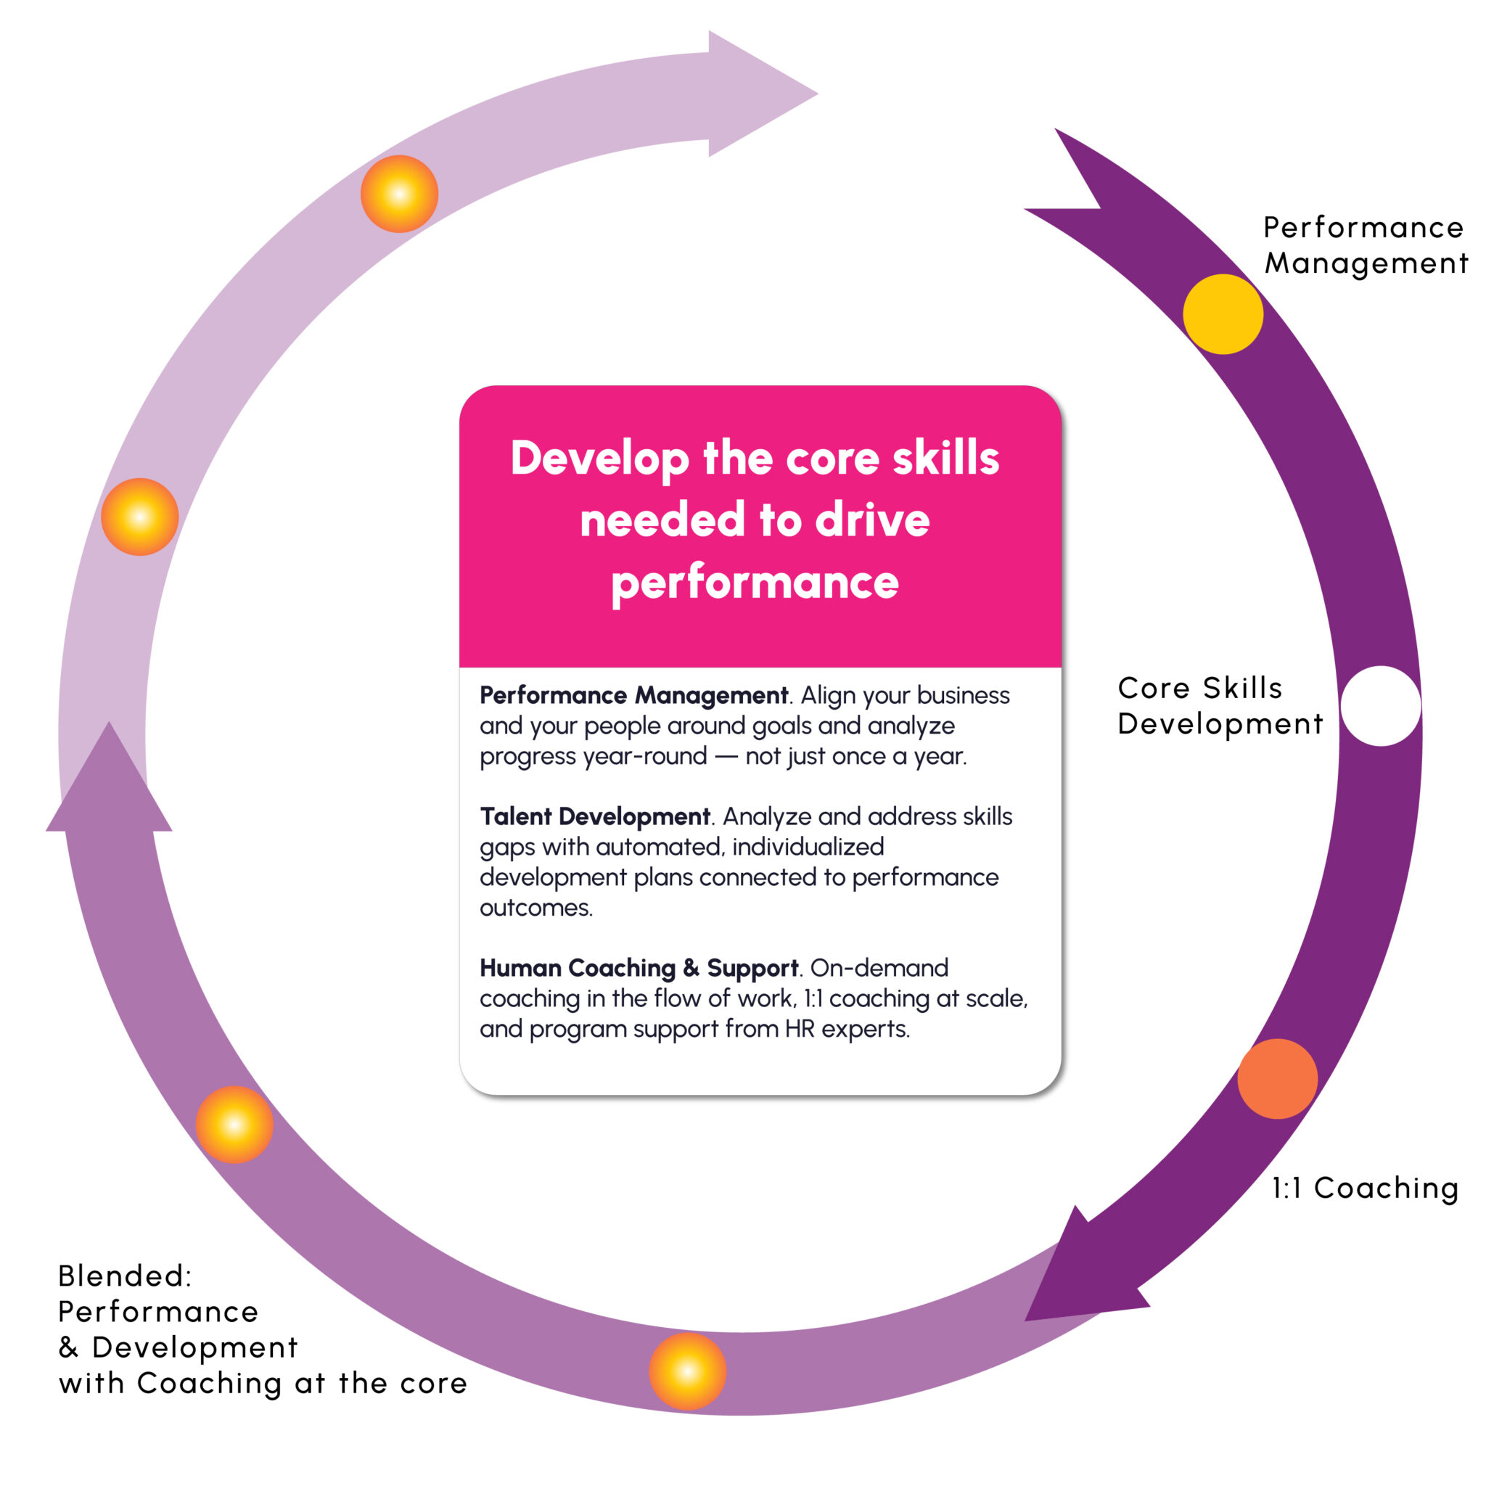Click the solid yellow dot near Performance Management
tap(1223, 313)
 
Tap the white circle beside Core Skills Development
tap(1381, 705)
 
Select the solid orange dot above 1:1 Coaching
tap(1278, 1079)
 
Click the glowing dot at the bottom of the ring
tap(688, 1371)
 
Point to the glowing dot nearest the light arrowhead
tap(399, 194)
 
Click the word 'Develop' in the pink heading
tap(599, 459)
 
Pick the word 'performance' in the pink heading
tap(755, 582)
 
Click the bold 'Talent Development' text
tap(594, 816)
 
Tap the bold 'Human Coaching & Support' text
tap(639, 968)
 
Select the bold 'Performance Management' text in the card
tap(633, 695)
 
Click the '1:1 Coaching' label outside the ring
tap(1365, 1189)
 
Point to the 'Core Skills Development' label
tap(1219, 705)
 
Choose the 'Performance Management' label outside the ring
tap(1365, 245)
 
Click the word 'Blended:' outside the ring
tap(125, 1276)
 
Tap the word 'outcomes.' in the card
tap(536, 908)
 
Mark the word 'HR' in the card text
tap(799, 1028)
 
